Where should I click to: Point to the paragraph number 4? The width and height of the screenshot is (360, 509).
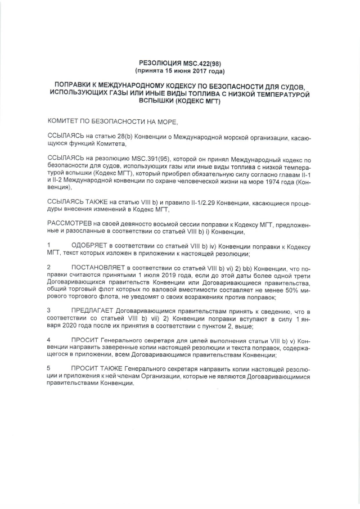(x=49, y=340)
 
